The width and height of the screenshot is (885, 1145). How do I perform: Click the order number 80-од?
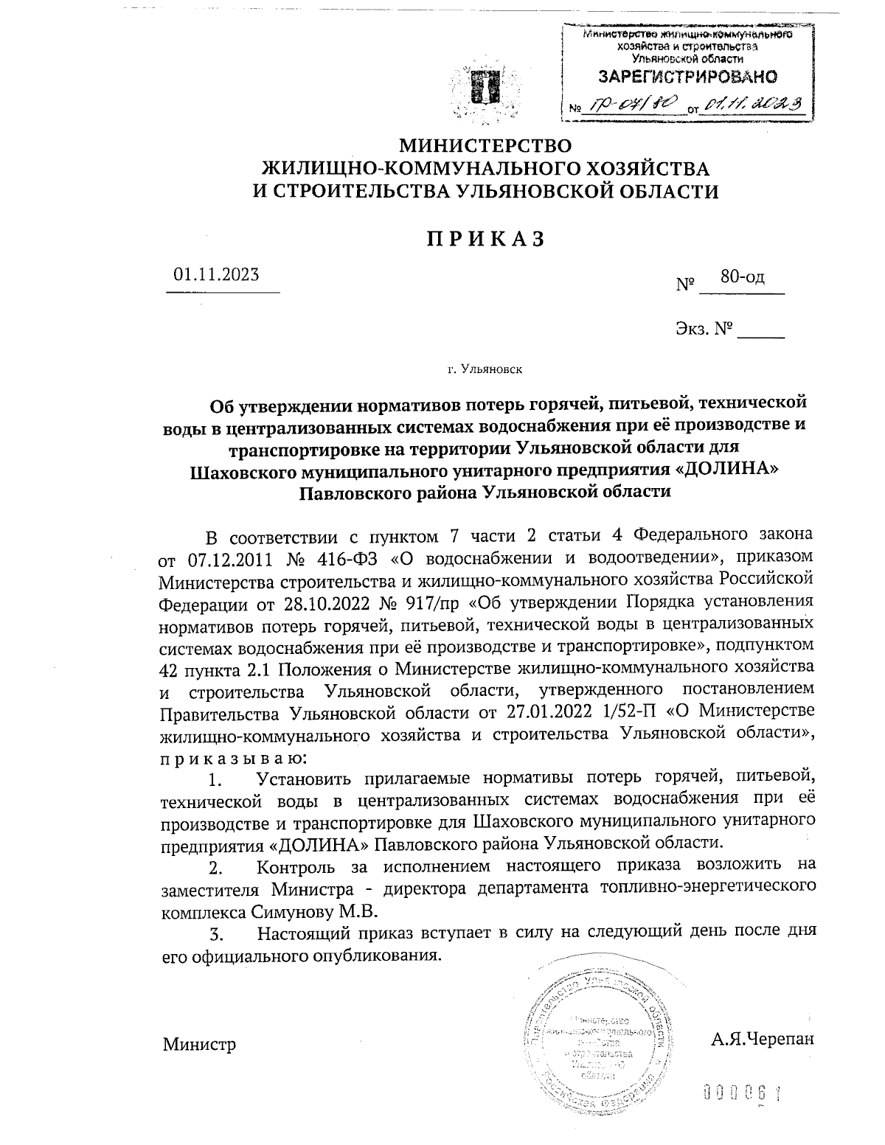pos(743,277)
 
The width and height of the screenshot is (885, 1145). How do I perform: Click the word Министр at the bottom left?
pos(199,1044)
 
